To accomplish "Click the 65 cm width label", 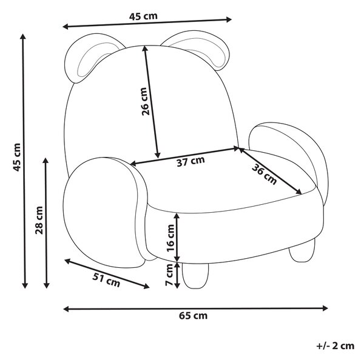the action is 193,316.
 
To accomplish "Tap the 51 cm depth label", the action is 106,280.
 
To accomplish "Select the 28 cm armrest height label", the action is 39,220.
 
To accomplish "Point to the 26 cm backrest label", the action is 144,101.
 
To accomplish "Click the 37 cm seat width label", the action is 191,161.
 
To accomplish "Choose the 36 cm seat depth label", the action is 265,174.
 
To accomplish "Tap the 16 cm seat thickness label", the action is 170,238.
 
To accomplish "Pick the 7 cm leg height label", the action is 169,275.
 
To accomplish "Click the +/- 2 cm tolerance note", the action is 335,346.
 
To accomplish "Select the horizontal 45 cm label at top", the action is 143,16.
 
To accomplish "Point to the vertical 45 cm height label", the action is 17,157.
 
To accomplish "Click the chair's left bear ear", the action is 93,58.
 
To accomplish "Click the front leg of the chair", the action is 195,276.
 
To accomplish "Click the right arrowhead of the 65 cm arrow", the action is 325,308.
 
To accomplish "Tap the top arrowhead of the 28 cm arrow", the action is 45,161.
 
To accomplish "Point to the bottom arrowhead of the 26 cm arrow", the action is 158,155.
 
